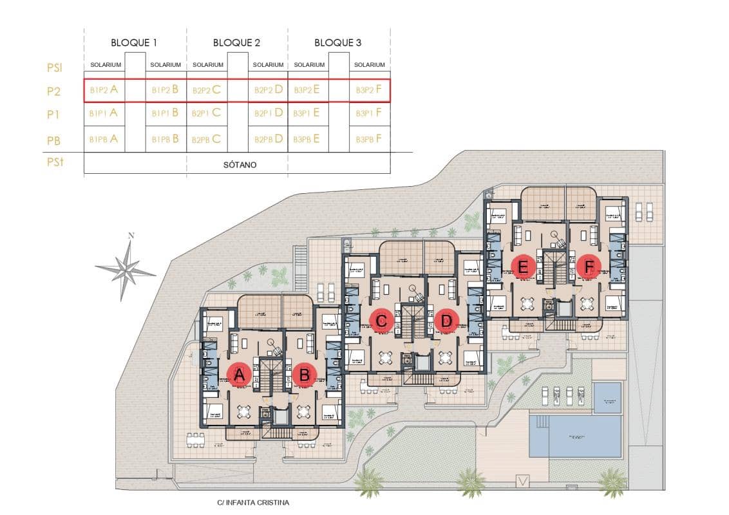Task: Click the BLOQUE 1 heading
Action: click(134, 43)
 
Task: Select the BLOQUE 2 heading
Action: click(236, 43)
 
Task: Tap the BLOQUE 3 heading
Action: click(337, 43)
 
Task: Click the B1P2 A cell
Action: click(104, 90)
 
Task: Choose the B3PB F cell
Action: click(370, 138)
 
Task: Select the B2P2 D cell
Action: click(269, 90)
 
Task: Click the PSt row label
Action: click(55, 163)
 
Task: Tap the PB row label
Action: click(54, 140)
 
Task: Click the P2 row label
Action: click(53, 92)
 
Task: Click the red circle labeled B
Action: click(304, 375)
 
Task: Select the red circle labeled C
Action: click(382, 320)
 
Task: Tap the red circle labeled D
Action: click(446, 320)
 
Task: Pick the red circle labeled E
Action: click(523, 266)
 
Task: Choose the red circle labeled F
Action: click(588, 265)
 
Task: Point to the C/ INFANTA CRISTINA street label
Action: click(254, 502)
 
